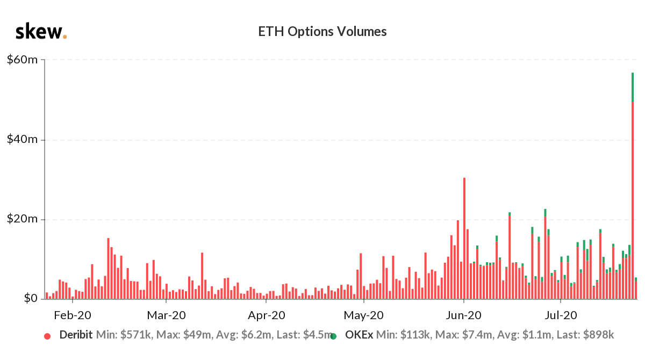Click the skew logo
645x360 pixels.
click(41, 32)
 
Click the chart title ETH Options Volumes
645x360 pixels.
click(322, 32)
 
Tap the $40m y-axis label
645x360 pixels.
click(22, 139)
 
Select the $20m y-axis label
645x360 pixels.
click(22, 219)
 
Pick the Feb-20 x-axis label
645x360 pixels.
click(73, 315)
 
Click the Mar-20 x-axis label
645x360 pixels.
click(166, 315)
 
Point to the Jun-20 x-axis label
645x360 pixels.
click(464, 315)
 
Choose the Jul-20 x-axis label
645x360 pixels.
click(561, 315)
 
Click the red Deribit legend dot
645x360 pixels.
click(47, 336)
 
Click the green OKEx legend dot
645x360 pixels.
click(333, 336)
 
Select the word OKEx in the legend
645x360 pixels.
click(359, 335)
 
